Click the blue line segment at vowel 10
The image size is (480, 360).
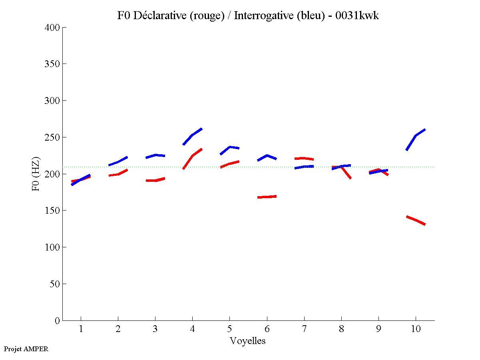(x=416, y=136)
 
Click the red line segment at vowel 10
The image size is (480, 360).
(x=416, y=220)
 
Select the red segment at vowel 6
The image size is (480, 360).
(x=267, y=197)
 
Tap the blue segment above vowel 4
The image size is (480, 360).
(x=193, y=135)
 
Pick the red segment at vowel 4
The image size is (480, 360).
(x=193, y=156)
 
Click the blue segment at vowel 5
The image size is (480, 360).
(x=230, y=147)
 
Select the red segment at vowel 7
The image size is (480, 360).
(x=304, y=158)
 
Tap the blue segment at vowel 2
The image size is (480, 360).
(x=118, y=162)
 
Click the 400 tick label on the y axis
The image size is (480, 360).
(x=52, y=28)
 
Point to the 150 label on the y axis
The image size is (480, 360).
(x=52, y=211)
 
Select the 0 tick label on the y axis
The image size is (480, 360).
(x=58, y=320)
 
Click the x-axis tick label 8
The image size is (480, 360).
(x=341, y=329)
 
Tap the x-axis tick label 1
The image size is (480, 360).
(x=81, y=329)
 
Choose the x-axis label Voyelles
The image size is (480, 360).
(x=248, y=341)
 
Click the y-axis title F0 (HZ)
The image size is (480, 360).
(x=36, y=174)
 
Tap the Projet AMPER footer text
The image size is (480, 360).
(x=26, y=349)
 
